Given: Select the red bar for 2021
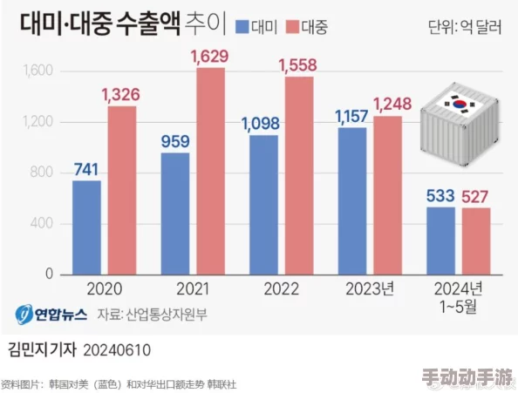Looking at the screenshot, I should (210, 171).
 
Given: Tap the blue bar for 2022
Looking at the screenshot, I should (263, 205).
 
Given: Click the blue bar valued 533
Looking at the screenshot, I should (440, 241).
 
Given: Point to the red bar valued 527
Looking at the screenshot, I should (476, 241).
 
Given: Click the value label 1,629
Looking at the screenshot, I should (210, 57).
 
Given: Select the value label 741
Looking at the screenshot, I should (86, 169).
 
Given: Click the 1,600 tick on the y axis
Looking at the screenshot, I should (38, 71).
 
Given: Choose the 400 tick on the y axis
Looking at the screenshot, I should (43, 224).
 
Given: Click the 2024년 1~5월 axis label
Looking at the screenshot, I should (459, 296).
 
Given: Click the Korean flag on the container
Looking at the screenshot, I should (458, 103).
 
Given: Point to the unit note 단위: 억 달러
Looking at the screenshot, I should (465, 27).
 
